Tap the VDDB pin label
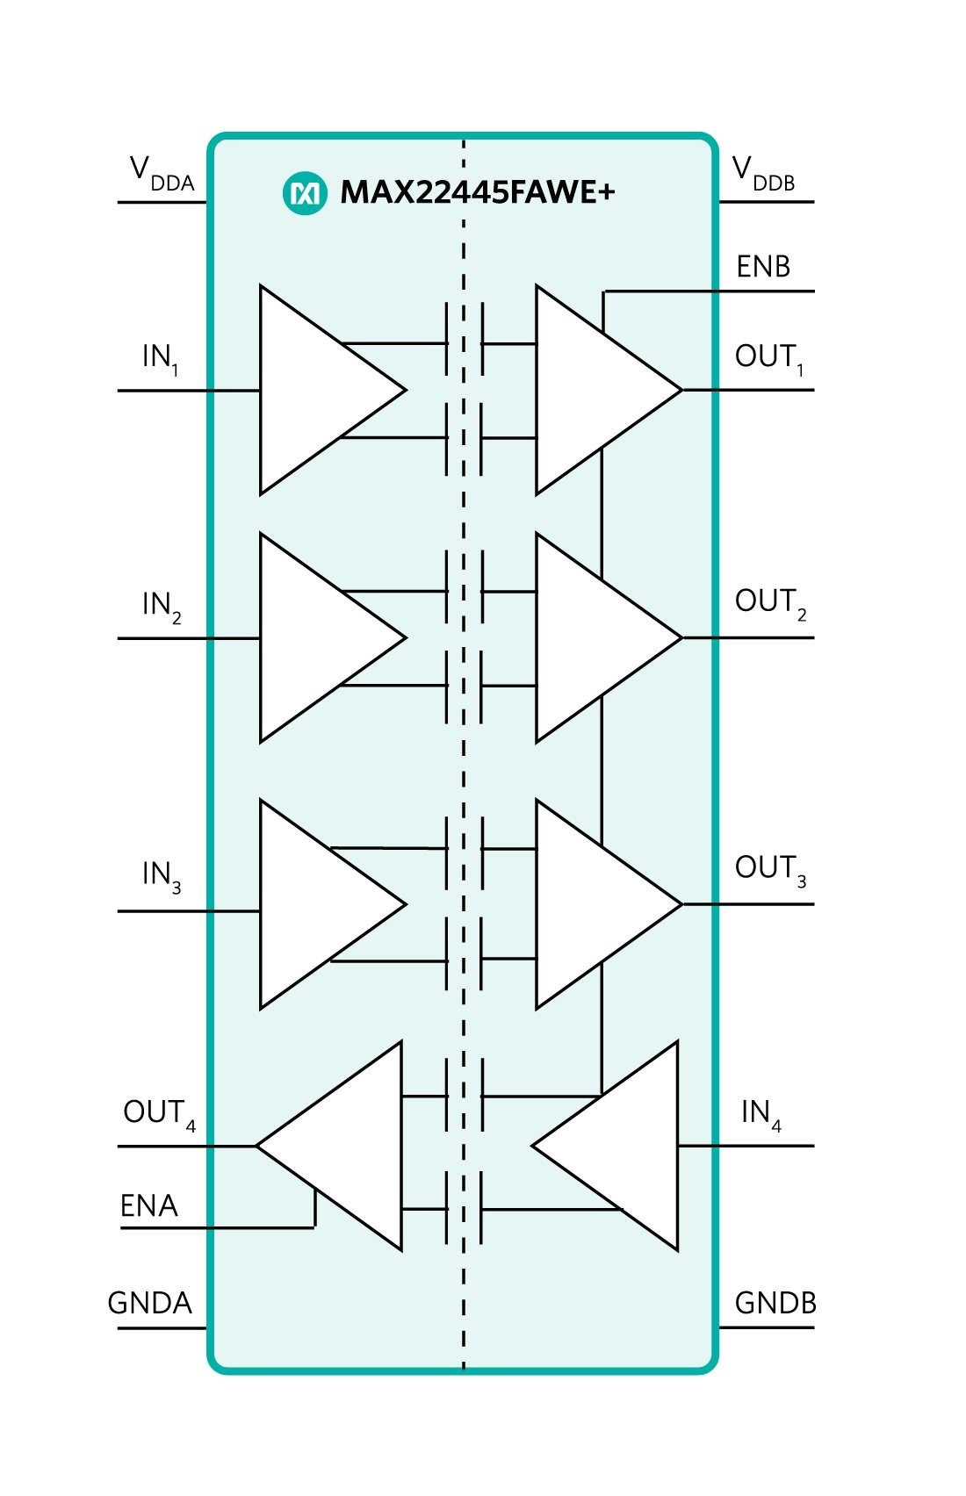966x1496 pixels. (x=764, y=174)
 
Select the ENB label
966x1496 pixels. (x=764, y=267)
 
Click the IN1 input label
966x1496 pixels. (x=161, y=359)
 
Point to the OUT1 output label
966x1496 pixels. (x=769, y=359)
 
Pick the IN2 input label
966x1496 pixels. (x=162, y=607)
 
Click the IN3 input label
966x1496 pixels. (x=162, y=877)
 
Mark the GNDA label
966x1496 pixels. (x=149, y=1303)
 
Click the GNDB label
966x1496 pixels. (x=775, y=1303)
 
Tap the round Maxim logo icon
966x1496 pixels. (x=306, y=194)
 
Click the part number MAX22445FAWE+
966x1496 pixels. (x=478, y=192)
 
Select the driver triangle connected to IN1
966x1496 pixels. (x=333, y=390)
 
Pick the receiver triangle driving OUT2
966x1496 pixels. (x=609, y=637)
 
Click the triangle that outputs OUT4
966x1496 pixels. (x=329, y=1146)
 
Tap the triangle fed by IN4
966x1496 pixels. (x=605, y=1146)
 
